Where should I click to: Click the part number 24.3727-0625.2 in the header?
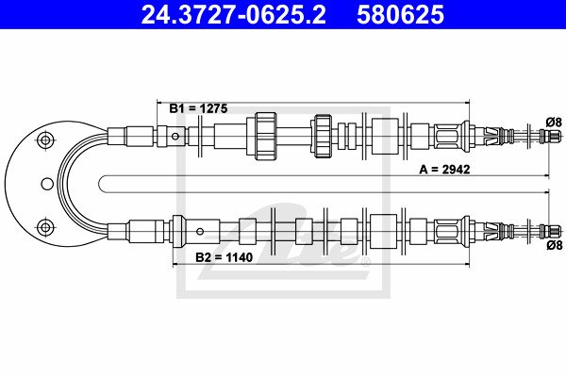(x=234, y=15)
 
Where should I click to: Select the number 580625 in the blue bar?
(x=400, y=15)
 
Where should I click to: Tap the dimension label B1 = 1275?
(x=198, y=108)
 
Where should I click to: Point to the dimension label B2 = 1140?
(x=224, y=257)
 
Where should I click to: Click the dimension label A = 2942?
(x=444, y=170)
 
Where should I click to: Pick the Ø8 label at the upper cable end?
(x=554, y=123)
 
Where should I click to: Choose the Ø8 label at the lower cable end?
(x=555, y=245)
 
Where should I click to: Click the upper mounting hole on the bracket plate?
(x=45, y=139)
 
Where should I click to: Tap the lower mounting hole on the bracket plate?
(x=45, y=228)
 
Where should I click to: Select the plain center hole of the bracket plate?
(x=47, y=184)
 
